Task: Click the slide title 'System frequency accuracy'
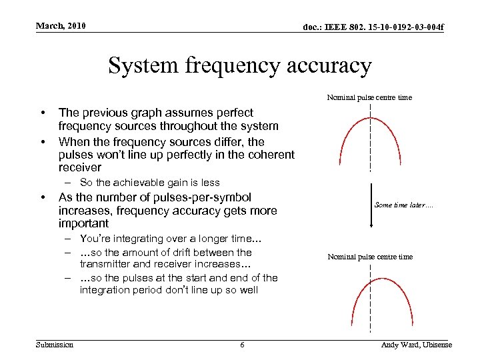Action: coord(239,66)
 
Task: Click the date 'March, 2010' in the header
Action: coord(61,26)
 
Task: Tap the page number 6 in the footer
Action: coord(242,345)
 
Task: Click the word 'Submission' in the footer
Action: coord(55,344)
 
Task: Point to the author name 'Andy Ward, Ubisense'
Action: coord(416,345)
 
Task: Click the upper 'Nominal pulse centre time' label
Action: coord(369,97)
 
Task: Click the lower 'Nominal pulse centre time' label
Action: coord(370,257)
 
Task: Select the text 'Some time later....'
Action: coord(404,205)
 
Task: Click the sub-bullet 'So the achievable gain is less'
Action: coord(149,183)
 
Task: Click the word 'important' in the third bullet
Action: coord(83,223)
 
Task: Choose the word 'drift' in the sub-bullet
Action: coord(180,252)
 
